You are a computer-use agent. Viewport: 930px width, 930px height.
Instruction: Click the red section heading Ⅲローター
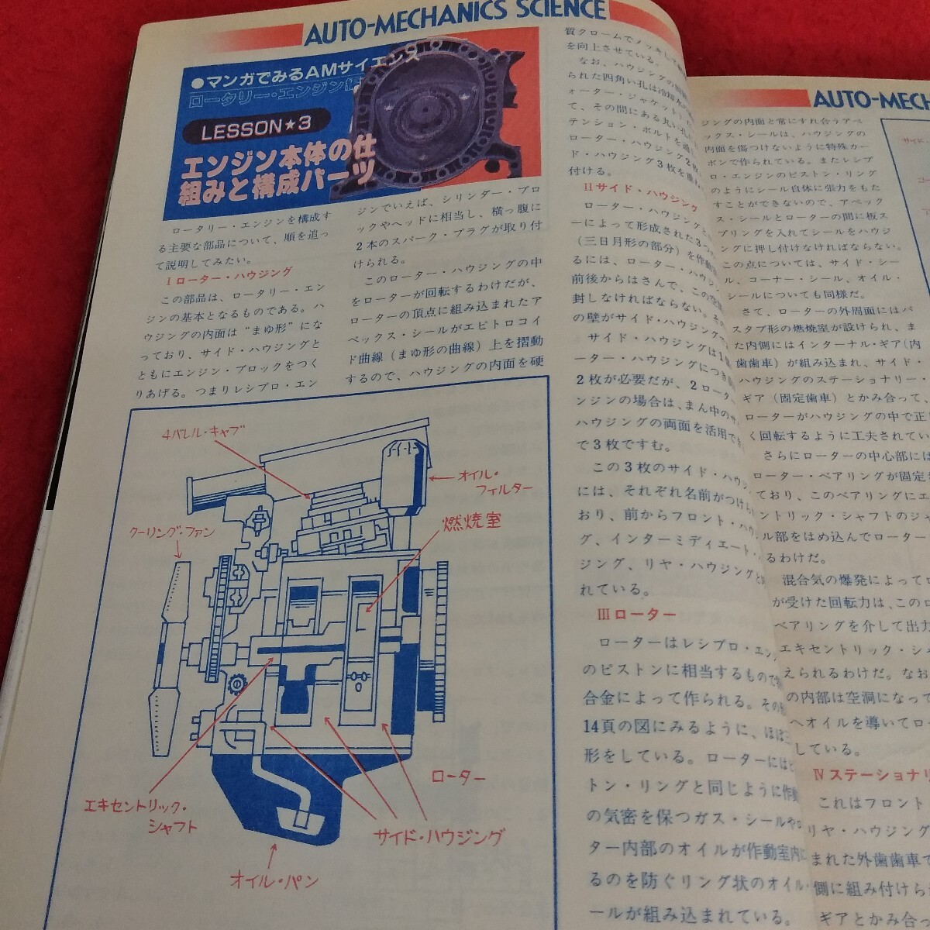pyautogui.click(x=638, y=615)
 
